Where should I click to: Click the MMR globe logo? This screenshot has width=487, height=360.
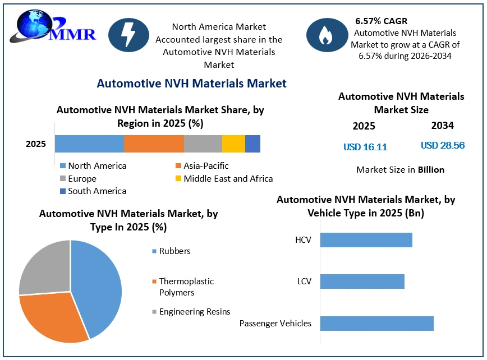(52, 26)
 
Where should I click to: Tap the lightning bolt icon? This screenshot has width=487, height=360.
(128, 35)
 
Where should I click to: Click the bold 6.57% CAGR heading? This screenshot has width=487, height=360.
(381, 21)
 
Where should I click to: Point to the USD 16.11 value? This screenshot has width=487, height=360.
(365, 147)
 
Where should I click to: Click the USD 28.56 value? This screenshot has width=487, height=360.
(443, 145)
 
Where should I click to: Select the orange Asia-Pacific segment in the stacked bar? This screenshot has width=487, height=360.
(154, 144)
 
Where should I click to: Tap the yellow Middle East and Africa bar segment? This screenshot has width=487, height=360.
(233, 144)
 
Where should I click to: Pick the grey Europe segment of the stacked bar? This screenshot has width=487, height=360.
(203, 144)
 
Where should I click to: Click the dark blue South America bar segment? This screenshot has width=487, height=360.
(253, 144)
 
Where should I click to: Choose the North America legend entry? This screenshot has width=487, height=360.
(93, 166)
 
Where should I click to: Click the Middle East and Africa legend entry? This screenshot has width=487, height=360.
(224, 178)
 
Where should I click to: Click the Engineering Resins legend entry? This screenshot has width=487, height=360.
(191, 312)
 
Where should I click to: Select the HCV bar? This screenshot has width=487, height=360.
(366, 240)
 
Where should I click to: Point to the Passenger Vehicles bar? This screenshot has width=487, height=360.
(376, 324)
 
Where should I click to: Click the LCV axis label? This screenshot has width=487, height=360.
(304, 281)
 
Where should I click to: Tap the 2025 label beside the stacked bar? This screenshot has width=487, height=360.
(36, 144)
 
